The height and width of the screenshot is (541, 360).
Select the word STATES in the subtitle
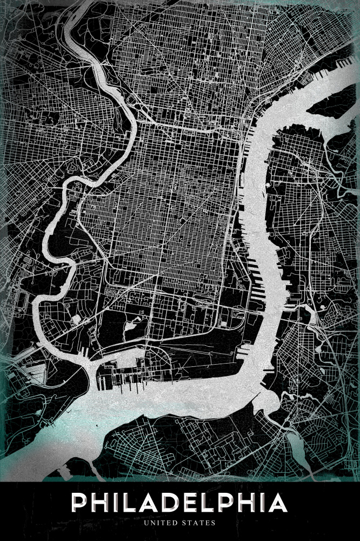click(x=199, y=523)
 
